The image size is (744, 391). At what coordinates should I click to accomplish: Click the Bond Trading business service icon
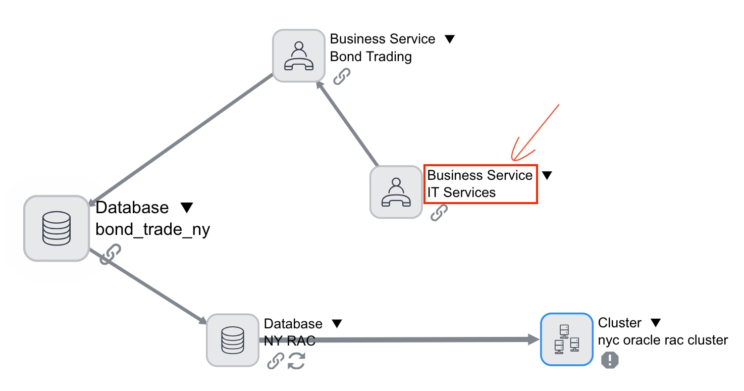point(299,55)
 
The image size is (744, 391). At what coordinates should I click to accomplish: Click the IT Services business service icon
point(396,192)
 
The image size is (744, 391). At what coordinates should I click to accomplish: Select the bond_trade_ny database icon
point(57,228)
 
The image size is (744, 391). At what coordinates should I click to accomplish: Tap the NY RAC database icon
point(233,340)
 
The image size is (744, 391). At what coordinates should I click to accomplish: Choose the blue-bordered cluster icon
point(566,339)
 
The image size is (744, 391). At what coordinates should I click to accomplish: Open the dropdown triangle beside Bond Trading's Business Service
point(449,39)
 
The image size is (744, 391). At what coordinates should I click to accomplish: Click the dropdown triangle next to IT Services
point(547,175)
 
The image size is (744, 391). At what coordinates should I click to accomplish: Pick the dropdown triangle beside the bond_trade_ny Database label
point(187,207)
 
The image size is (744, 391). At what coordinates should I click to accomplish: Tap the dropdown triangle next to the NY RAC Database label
point(337,323)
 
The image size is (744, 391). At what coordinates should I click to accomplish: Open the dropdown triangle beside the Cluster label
point(655,322)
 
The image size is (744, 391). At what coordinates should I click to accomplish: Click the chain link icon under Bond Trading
point(342,76)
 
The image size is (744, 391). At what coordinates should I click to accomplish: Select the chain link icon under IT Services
point(439,213)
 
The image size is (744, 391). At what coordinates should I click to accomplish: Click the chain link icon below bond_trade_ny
point(111,254)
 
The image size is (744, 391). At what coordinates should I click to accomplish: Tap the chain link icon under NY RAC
point(275,361)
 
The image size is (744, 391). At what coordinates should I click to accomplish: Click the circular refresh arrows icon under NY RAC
point(296,361)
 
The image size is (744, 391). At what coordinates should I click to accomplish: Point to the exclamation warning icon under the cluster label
point(610,360)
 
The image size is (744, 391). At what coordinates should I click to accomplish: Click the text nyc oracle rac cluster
point(663,340)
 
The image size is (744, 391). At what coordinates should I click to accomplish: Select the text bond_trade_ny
point(152,229)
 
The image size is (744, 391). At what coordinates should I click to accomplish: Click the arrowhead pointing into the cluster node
point(534,339)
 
